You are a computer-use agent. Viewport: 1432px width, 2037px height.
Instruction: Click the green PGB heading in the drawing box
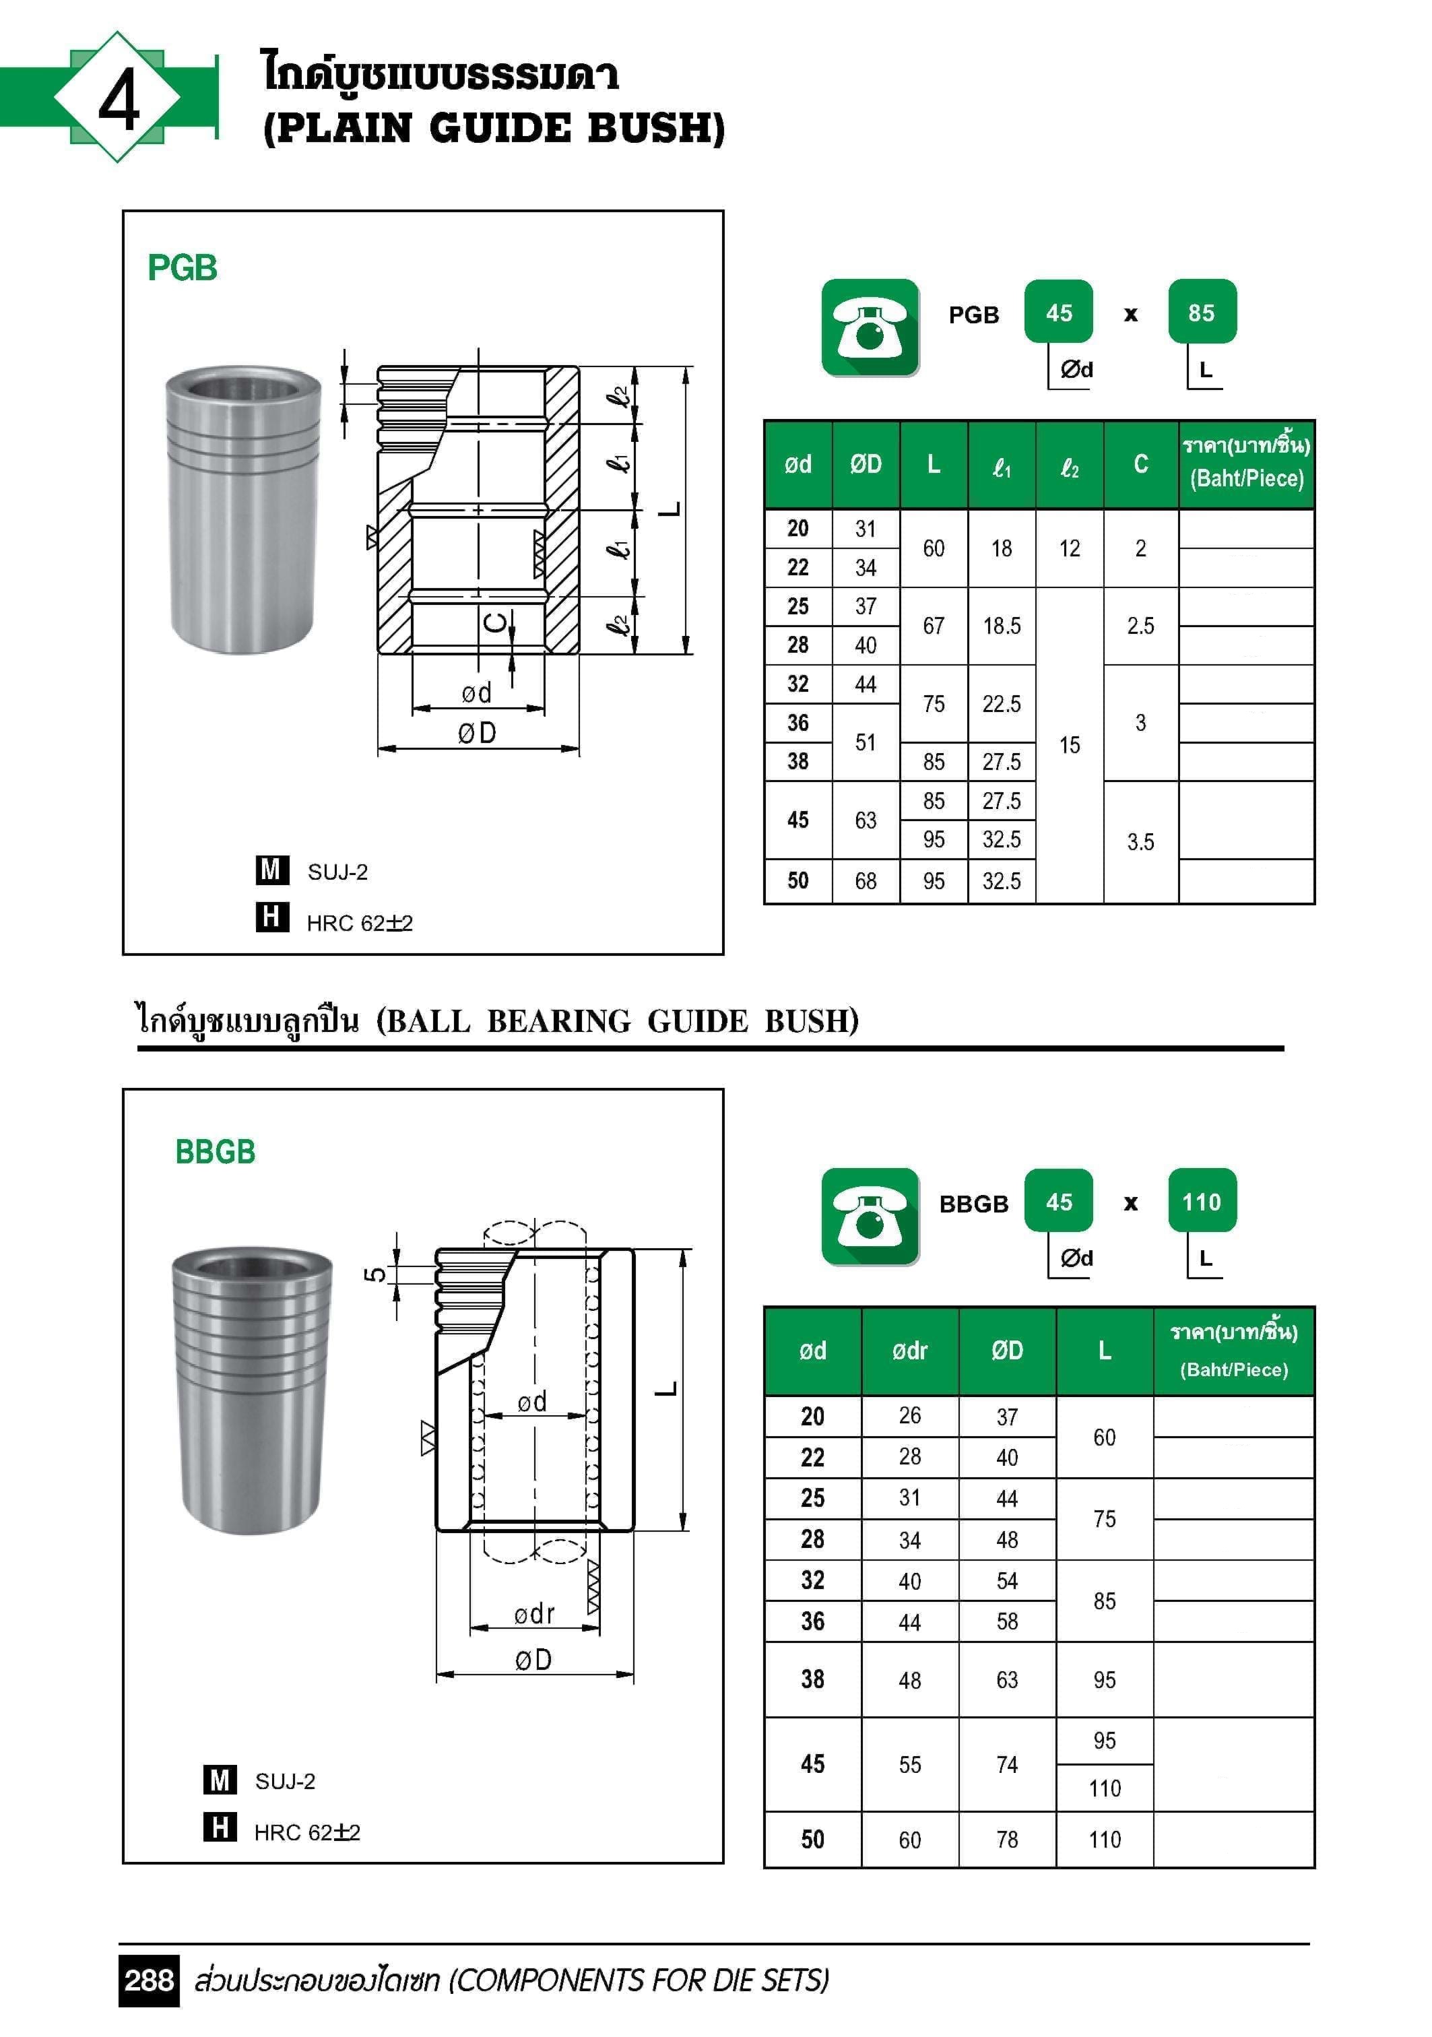click(182, 268)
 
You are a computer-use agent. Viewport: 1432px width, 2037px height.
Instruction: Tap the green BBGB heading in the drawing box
click(215, 1152)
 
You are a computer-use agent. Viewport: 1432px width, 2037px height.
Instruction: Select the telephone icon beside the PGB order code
click(870, 327)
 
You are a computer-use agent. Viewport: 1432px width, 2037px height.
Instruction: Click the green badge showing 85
click(1202, 313)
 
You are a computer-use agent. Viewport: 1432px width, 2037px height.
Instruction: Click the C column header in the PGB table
click(1140, 464)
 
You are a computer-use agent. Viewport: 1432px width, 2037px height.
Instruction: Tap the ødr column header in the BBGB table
click(909, 1351)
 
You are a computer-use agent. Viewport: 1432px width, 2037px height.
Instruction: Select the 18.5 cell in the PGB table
click(1001, 626)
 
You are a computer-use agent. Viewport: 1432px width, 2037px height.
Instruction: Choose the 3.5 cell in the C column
click(1140, 842)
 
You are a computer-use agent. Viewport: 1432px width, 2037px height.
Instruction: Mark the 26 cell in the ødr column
click(909, 1415)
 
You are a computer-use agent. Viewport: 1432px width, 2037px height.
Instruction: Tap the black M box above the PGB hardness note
click(271, 870)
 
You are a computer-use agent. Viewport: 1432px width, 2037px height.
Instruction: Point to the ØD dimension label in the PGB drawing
click(478, 733)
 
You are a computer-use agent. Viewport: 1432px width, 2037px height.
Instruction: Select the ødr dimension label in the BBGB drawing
click(534, 1614)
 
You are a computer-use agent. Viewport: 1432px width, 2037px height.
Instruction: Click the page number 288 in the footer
click(148, 1980)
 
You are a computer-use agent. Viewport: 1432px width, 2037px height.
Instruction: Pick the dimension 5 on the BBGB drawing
click(375, 1274)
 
